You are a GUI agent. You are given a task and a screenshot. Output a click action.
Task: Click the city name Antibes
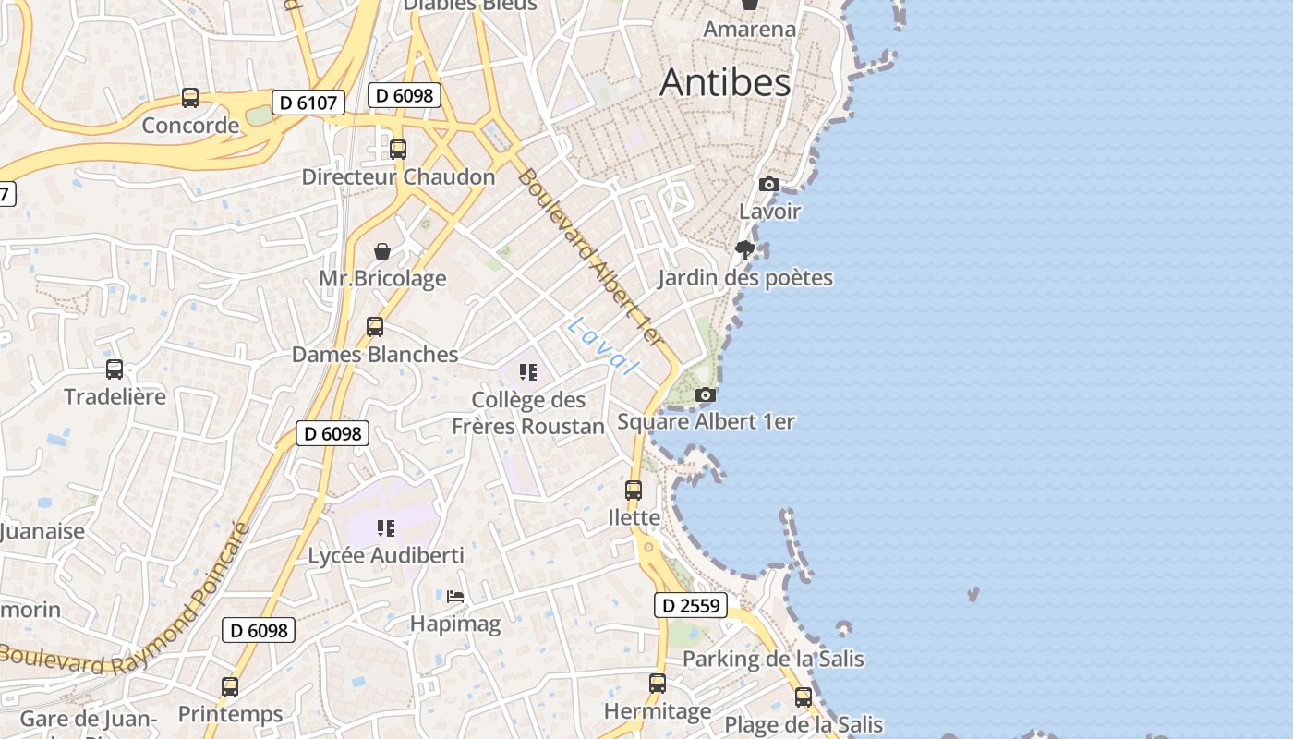coord(725,83)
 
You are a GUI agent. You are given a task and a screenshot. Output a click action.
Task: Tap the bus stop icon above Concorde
coord(190,97)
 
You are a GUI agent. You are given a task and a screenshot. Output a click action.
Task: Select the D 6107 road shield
coord(308,103)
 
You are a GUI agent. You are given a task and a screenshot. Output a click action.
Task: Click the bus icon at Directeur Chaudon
coord(398,149)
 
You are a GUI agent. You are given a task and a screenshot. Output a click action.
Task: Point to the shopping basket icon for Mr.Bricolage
coord(382,251)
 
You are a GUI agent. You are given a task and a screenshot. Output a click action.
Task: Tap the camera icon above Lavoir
coord(769,185)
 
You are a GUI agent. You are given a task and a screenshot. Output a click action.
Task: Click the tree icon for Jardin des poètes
coord(745,250)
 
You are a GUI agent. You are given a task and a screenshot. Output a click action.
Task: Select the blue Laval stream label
coord(603,345)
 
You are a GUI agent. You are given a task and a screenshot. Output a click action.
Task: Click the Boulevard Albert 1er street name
coord(591,259)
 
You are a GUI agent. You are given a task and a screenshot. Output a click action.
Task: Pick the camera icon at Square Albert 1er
coord(706,395)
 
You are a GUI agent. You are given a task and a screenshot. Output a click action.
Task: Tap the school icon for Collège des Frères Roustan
coord(528,372)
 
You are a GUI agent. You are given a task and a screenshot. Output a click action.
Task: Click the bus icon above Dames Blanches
coord(375,327)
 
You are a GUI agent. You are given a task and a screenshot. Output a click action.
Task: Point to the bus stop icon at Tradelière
coord(115,369)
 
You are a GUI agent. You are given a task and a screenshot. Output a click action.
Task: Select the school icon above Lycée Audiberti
coord(386,528)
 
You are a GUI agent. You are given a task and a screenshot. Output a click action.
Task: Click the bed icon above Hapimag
coord(455,597)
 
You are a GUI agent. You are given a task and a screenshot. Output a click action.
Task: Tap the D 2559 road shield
coord(691,606)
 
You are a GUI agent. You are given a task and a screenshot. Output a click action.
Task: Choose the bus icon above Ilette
coord(634,491)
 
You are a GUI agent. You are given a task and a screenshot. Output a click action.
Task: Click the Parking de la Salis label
coord(773,659)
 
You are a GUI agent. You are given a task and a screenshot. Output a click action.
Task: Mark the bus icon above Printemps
coord(230,687)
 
